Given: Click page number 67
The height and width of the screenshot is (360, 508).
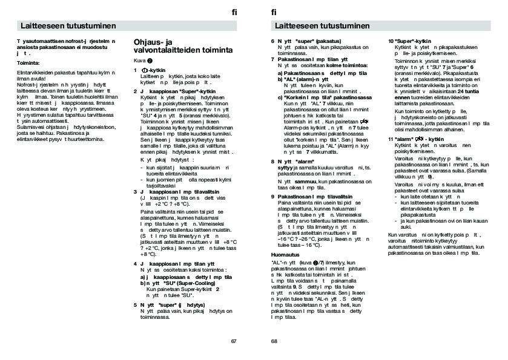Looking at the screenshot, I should (234, 341).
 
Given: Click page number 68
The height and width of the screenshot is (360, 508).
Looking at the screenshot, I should (274, 341).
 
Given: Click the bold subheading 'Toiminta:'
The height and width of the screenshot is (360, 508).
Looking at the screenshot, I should (28, 63).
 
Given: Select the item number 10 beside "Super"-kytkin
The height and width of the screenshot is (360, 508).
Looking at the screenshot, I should (391, 41).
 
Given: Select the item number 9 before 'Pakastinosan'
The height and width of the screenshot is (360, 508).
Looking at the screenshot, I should (272, 197).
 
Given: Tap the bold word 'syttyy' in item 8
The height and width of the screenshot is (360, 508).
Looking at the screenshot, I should (279, 166).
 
